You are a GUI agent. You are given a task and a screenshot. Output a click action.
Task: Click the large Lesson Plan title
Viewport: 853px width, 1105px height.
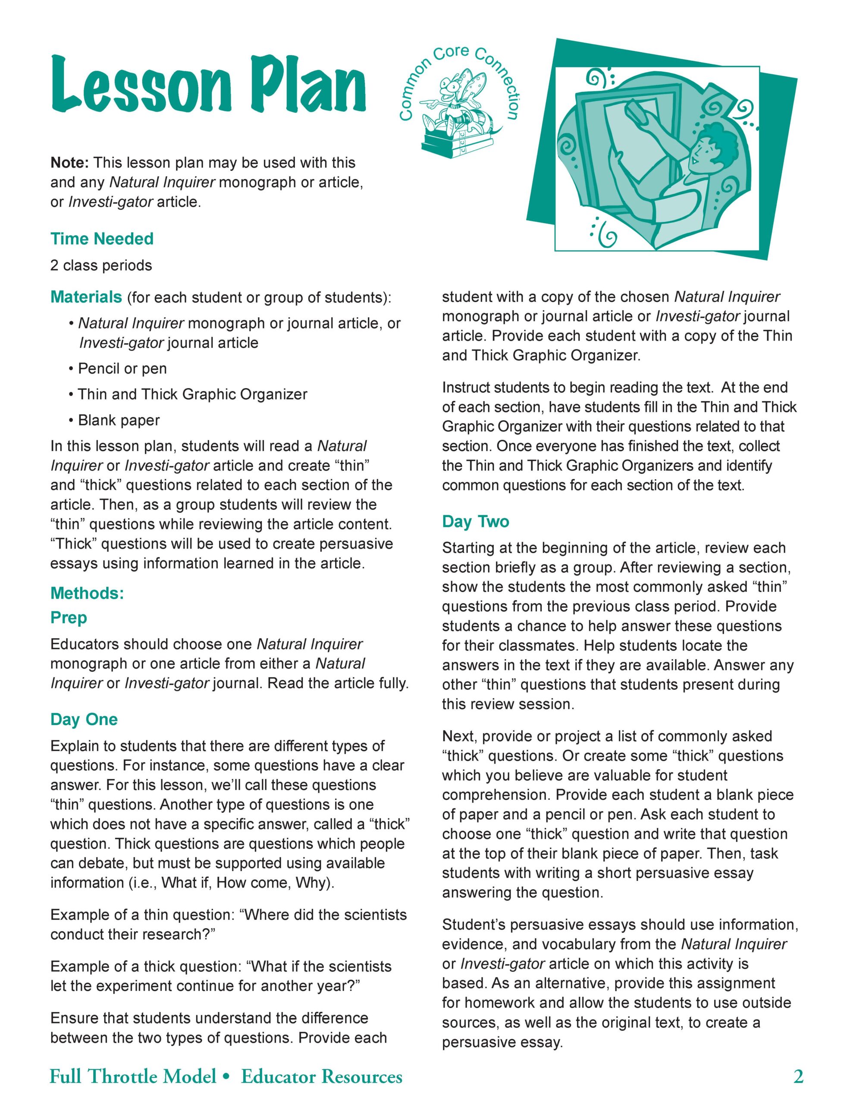208,85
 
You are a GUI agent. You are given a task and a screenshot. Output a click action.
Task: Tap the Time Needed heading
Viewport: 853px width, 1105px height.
102,239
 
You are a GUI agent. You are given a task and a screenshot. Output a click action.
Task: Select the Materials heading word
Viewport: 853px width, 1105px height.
86,297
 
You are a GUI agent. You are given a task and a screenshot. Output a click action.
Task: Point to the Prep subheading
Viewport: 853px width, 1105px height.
68,618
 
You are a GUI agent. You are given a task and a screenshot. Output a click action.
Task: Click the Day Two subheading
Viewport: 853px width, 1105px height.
475,521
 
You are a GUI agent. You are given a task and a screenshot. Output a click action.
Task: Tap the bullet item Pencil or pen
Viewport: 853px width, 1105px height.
122,369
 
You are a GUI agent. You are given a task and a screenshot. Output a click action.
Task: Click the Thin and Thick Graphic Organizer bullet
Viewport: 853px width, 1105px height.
192,395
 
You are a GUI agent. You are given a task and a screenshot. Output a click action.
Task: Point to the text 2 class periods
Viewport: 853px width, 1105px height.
100,265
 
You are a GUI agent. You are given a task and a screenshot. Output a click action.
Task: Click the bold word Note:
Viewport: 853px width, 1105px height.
70,163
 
